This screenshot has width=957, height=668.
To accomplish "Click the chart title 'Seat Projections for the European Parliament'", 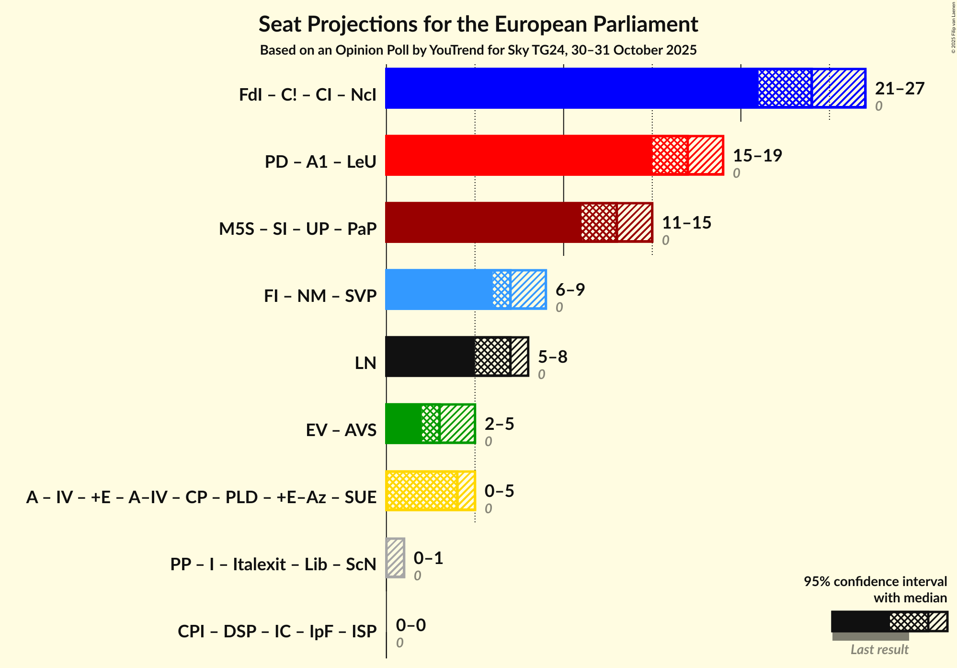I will (x=478, y=24).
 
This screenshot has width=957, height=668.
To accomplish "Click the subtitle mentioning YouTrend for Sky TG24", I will (x=478, y=50).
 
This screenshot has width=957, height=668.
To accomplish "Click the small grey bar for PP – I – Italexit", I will (x=396, y=558).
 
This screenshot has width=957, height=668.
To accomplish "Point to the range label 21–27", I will (x=900, y=89).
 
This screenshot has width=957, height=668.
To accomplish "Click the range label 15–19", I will (x=757, y=156).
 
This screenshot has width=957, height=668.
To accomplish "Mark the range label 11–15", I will (x=686, y=223).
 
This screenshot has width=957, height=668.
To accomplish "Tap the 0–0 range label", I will (x=410, y=625).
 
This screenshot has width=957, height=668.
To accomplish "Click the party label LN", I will (x=365, y=363).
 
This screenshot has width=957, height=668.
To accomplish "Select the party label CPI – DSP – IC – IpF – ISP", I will (x=277, y=632).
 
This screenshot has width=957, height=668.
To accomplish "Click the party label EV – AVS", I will (x=341, y=430).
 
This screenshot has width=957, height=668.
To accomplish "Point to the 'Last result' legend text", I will (x=879, y=650).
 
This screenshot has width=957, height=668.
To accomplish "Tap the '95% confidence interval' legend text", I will (x=875, y=582).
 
